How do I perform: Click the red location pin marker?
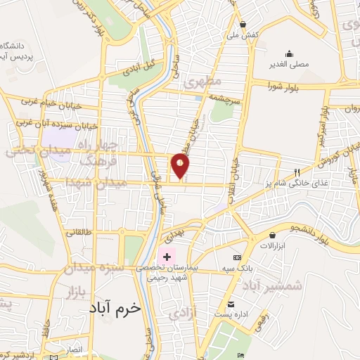[x=181, y=165]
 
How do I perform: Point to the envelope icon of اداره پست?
[x=231, y=304]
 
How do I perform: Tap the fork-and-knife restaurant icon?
[x=297, y=173]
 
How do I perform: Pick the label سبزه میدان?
[x=94, y=268]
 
